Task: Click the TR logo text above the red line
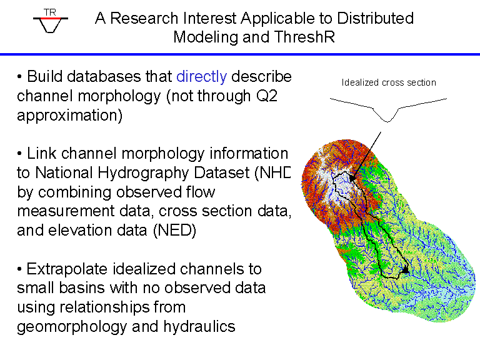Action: tap(50, 12)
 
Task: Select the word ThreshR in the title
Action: tap(304, 37)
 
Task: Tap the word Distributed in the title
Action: tap(375, 18)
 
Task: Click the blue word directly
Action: tap(201, 76)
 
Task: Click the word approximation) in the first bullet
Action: tap(70, 116)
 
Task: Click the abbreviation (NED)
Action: tap(174, 230)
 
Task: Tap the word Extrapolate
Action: tap(67, 269)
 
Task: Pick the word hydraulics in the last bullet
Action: tap(199, 327)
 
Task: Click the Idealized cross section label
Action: tap(389, 82)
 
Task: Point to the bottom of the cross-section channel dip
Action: tap(387, 121)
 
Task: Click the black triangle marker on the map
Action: tap(405, 269)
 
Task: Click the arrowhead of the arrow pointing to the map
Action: tap(352, 177)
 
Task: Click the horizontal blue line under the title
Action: tap(240, 54)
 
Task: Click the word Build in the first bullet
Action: tap(45, 76)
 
